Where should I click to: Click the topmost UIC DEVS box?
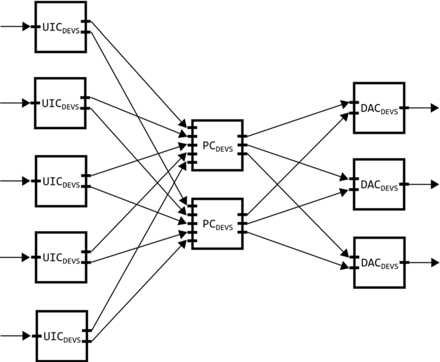tap(60, 26)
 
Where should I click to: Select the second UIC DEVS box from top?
tap(60, 103)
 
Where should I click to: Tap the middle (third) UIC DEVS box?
tap(60, 180)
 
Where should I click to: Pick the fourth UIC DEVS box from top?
tap(60, 257)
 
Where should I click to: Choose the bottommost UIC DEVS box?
tap(60, 335)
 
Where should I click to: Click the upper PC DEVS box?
tap(217, 145)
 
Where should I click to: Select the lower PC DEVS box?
tap(217, 223)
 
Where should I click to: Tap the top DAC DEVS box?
tap(378, 108)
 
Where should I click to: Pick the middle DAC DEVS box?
tap(378, 184)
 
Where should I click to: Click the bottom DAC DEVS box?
tap(378, 263)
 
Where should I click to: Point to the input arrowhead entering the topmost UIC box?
tap(26, 27)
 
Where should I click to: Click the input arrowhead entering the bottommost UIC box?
tap(26, 335)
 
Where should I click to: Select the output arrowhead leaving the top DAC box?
tap(434, 108)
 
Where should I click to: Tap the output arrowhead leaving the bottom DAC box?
tap(434, 263)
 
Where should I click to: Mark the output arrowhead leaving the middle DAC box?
tap(434, 184)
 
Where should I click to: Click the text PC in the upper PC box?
tap(209, 144)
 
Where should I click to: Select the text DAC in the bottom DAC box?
tap(369, 262)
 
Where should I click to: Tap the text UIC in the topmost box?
tap(51, 26)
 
